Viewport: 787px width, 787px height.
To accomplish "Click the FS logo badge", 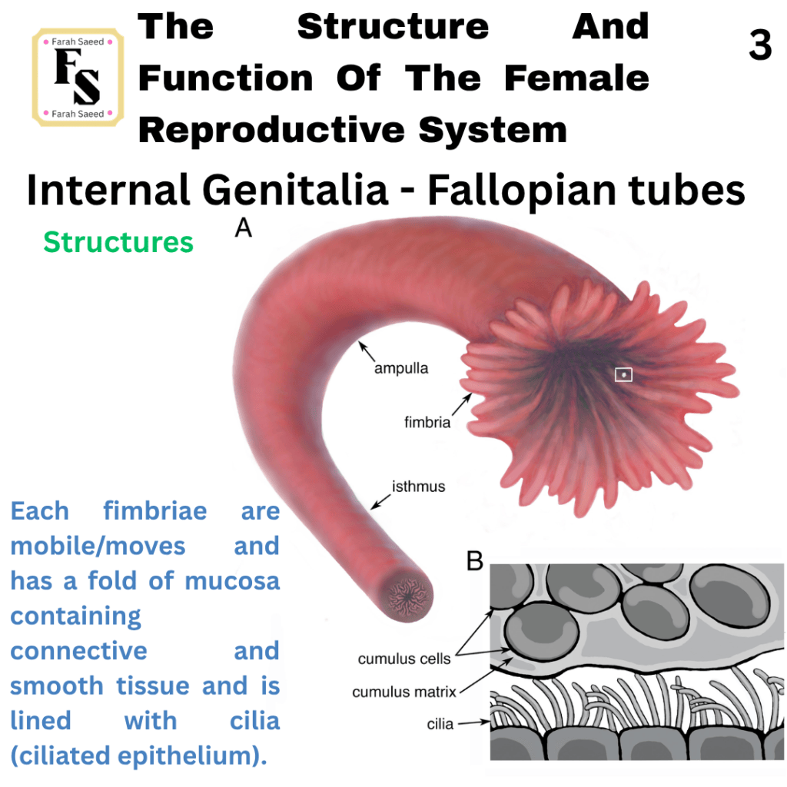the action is pos(78,78).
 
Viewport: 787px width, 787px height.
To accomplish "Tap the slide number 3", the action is pos(760,45).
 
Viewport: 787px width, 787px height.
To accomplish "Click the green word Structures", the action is pos(118,242).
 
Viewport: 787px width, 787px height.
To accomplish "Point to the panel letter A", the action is pos(244,227).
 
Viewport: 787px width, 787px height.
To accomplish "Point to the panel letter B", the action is pos(475,560).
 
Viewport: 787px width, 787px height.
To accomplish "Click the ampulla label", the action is pos(401,368).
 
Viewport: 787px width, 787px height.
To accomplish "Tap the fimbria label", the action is pos(427,423).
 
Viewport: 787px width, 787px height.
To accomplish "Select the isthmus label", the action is pos(419,486).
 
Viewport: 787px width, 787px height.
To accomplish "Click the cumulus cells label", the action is pos(404,659).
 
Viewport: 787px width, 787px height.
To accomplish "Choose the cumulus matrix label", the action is pos(404,692).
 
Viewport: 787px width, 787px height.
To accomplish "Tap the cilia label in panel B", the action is pos(440,724).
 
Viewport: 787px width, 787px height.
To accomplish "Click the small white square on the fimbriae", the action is pos(623,374).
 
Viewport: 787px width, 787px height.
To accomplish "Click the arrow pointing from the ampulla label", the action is pos(367,351).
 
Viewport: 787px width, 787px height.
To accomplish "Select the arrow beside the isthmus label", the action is pos(380,502).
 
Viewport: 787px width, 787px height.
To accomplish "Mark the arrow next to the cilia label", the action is pos(473,722).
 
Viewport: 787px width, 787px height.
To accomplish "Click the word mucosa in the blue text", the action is pos(232,581).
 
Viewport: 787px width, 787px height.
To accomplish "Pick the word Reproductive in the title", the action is pos(271,130).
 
